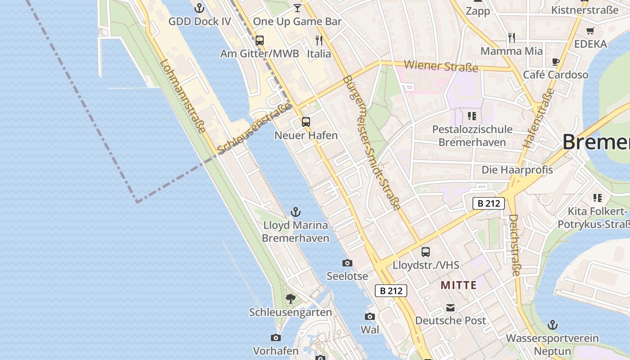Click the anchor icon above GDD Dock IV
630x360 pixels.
point(199,8)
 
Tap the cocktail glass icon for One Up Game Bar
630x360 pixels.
point(297,8)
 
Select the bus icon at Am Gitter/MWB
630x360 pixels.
point(260,40)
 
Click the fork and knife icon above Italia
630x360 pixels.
point(319,40)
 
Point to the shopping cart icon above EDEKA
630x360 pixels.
point(590,31)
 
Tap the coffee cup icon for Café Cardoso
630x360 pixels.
point(556,62)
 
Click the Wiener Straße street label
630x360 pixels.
point(441,66)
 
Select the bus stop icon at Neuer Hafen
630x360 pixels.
point(306,122)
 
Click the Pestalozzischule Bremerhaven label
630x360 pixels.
point(472,136)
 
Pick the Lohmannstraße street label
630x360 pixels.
point(183,96)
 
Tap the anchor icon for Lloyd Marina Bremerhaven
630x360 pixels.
point(296,211)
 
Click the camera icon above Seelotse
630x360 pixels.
point(347,263)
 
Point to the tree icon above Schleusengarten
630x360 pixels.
point(291,298)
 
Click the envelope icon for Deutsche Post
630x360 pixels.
point(450,308)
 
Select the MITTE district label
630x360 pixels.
point(459,285)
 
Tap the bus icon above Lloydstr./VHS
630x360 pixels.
point(426,252)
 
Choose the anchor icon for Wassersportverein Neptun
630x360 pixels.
point(552,325)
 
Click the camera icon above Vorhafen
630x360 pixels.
point(276,337)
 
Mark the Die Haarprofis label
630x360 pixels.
point(517,170)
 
